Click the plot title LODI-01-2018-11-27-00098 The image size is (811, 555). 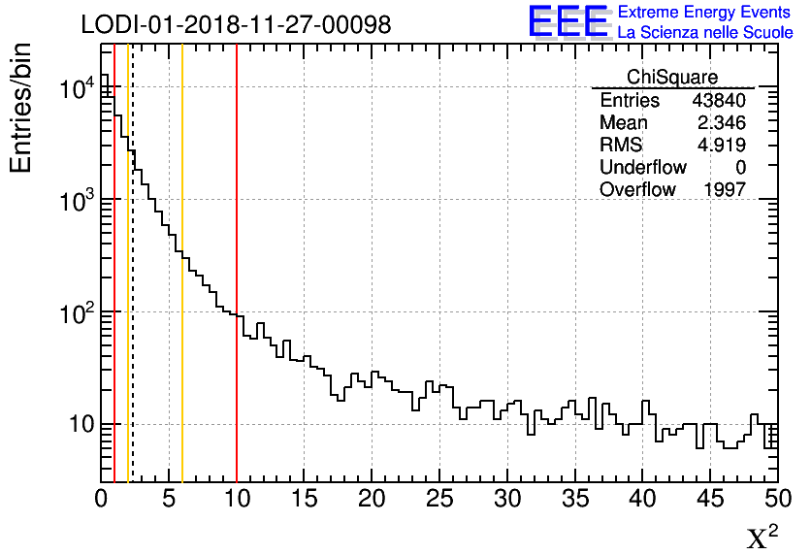tap(236, 24)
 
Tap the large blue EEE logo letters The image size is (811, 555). tap(568, 21)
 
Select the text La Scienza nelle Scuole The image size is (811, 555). tap(705, 32)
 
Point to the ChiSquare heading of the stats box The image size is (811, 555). tap(672, 78)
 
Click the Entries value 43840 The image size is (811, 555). tap(719, 101)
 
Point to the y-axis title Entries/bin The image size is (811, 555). tap(21, 109)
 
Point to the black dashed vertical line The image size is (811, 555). tap(133, 291)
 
